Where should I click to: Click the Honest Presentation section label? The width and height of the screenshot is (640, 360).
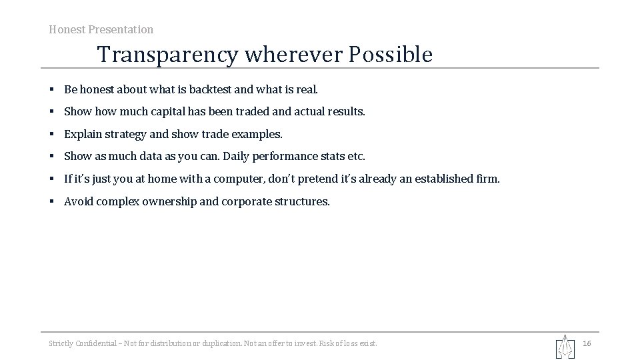tap(101, 29)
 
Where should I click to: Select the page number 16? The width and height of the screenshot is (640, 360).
tap(587, 343)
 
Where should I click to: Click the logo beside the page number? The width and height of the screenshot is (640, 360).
tap(565, 346)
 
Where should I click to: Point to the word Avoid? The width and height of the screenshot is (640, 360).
tap(78, 201)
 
